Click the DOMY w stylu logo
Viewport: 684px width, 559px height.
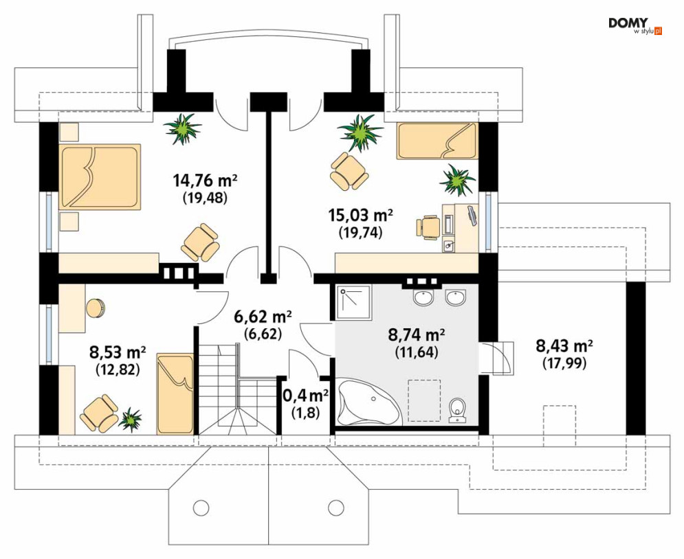tap(635, 25)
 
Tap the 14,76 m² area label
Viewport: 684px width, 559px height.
tap(205, 179)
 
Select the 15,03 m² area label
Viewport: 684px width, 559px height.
tap(360, 214)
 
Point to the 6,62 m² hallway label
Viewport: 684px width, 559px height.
tap(263, 317)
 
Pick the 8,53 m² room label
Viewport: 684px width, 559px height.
tap(118, 351)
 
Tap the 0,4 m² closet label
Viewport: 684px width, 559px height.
tap(306, 396)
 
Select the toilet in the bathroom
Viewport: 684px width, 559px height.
tap(457, 410)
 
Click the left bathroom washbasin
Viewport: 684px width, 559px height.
tap(423, 298)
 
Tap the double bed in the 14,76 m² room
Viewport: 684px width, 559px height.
tap(101, 176)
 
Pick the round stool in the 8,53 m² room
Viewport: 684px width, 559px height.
tap(96, 308)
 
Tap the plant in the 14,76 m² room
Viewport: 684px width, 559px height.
tap(183, 128)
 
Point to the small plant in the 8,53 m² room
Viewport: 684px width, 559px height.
tap(130, 419)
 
